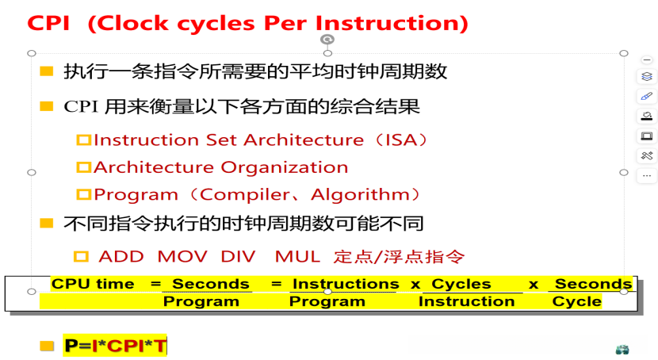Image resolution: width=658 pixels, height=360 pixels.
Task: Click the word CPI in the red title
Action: pyautogui.click(x=48, y=23)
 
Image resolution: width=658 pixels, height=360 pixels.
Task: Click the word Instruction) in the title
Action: pyautogui.click(x=392, y=24)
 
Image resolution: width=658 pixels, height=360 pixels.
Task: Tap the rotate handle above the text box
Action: pyautogui.click(x=327, y=40)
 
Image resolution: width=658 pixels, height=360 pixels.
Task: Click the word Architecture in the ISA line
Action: pyautogui.click(x=304, y=140)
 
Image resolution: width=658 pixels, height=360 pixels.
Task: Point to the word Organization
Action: pyautogui.click(x=285, y=167)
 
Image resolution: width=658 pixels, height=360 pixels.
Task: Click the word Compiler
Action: pyautogui.click(x=245, y=195)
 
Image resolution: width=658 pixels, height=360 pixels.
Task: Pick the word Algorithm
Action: pyautogui.click(x=361, y=195)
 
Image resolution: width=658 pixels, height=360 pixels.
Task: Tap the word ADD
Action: pyautogui.click(x=121, y=256)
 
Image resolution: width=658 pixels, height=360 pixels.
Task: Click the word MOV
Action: pyautogui.click(x=182, y=256)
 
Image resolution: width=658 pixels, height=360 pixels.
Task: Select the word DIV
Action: pyautogui.click(x=238, y=256)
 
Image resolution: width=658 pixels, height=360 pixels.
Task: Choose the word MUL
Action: pyautogui.click(x=297, y=256)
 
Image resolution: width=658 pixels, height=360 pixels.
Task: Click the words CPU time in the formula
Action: pyautogui.click(x=93, y=284)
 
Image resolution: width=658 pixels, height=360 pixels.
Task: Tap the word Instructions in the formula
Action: pyautogui.click(x=346, y=284)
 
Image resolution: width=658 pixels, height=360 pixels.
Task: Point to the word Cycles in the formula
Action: pyautogui.click(x=461, y=284)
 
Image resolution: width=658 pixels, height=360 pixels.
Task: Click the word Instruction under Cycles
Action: pyautogui.click(x=467, y=301)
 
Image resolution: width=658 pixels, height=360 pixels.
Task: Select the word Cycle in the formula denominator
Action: pyautogui.click(x=577, y=301)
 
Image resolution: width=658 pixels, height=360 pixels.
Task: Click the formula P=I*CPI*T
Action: pyautogui.click(x=116, y=346)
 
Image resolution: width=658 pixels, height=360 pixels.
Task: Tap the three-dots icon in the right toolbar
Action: pyautogui.click(x=647, y=176)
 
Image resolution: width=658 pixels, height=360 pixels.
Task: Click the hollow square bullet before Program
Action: pyautogui.click(x=83, y=195)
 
